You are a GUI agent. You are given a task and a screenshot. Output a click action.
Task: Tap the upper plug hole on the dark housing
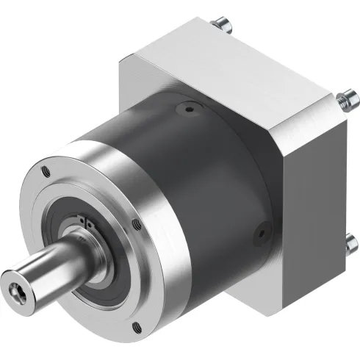190,111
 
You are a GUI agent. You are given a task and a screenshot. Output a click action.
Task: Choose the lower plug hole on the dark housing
259,236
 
